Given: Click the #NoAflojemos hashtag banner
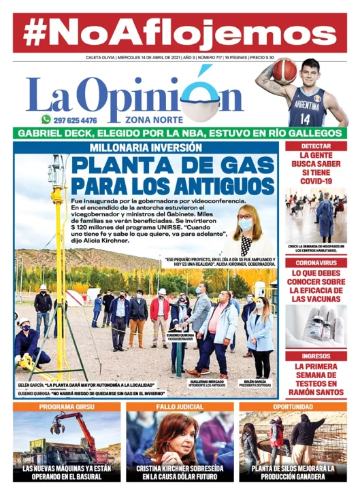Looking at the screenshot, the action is pos(180,31).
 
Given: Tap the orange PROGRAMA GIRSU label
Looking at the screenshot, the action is pos(66,407).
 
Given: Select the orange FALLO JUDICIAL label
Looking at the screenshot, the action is pos(179,407).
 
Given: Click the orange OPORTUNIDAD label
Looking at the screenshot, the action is pos(293,407).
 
